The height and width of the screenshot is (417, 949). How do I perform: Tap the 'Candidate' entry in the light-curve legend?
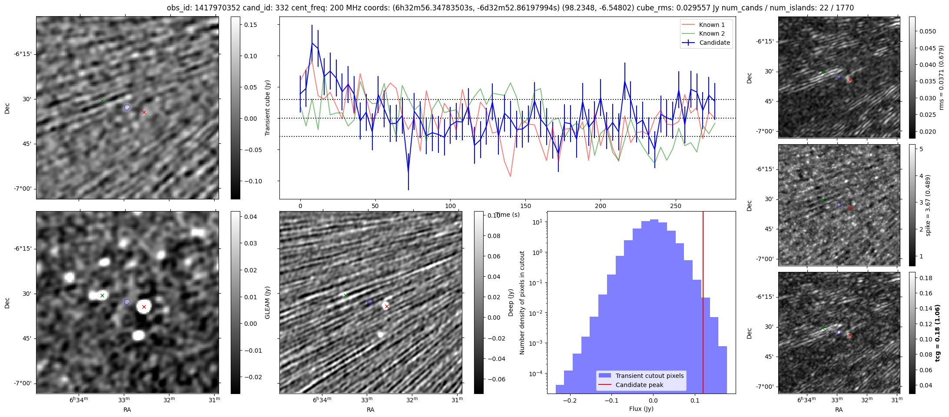(714, 43)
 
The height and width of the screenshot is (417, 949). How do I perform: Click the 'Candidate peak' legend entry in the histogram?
(639, 385)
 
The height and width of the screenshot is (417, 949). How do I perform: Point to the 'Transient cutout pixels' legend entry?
(649, 376)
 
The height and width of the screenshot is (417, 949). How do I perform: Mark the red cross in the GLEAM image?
(144, 307)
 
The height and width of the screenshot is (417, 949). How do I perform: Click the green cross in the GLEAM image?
(102, 296)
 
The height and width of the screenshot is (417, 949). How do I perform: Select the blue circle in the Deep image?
(370, 302)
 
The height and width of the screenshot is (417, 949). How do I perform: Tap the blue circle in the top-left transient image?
(127, 107)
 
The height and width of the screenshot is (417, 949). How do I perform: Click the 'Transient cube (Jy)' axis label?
(268, 108)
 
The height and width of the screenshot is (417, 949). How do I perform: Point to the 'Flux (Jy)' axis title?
(641, 409)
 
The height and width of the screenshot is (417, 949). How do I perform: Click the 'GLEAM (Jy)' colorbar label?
(268, 302)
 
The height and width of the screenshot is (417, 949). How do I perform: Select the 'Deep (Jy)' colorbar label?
(511, 302)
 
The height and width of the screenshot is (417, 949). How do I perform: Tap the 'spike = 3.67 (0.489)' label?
(929, 205)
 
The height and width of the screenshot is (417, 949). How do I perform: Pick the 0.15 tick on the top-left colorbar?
(251, 25)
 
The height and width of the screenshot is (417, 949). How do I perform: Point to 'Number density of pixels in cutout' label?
(522, 302)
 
